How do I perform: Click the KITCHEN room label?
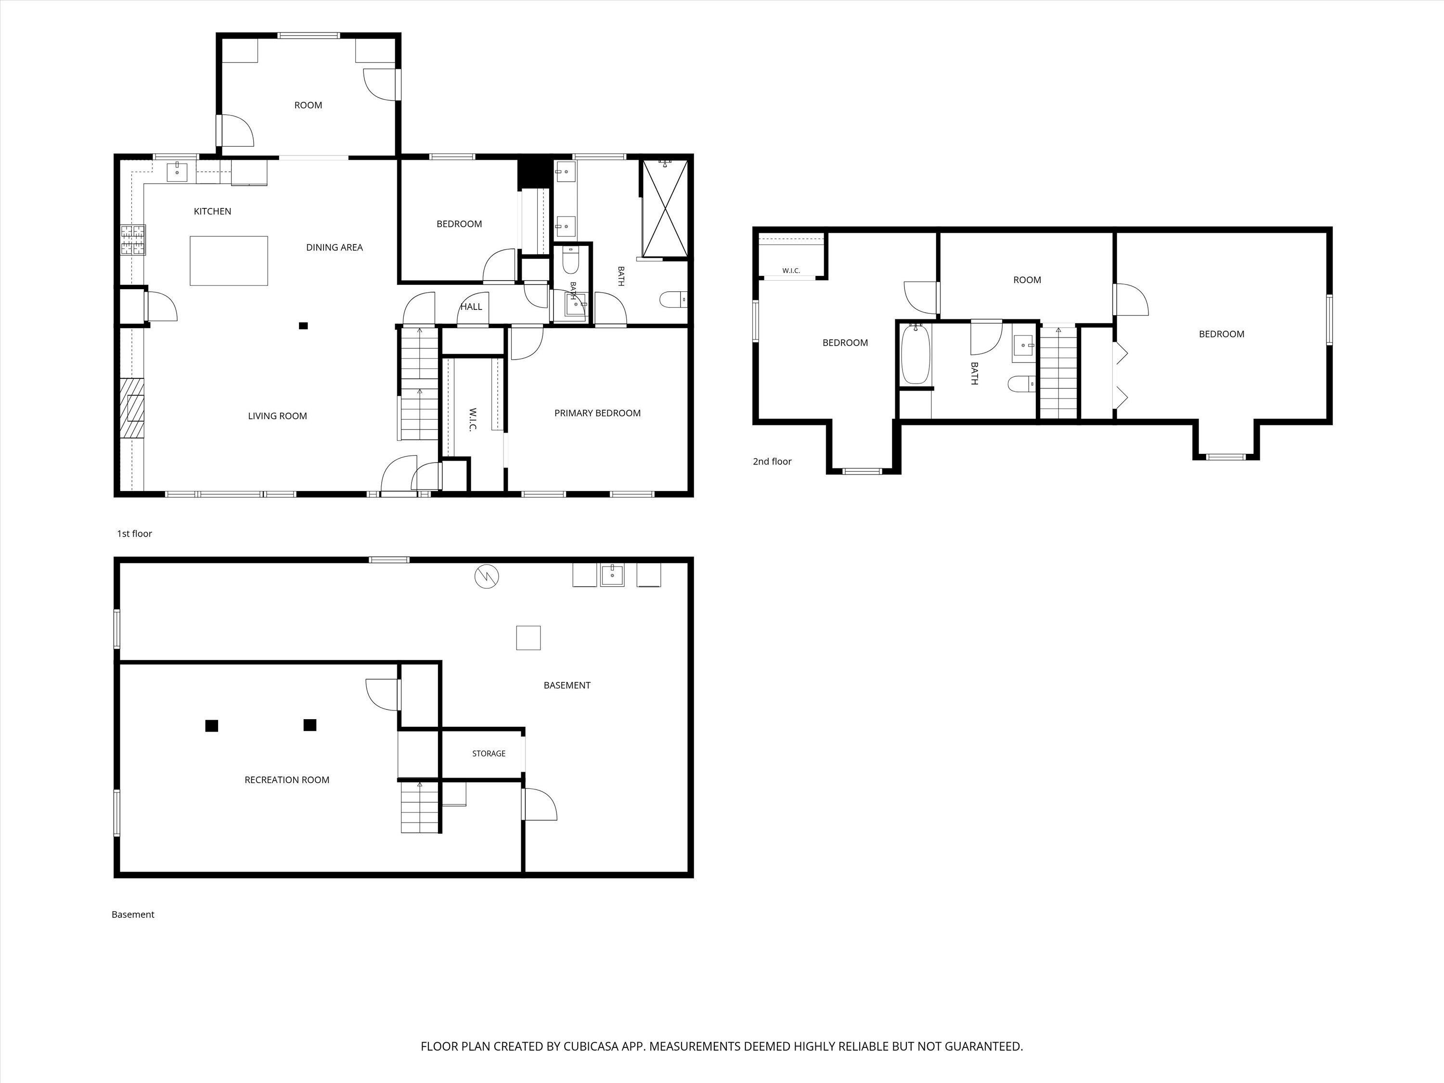212,211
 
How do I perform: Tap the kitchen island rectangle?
229,260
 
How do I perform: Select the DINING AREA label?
334,247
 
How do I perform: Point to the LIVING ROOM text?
277,416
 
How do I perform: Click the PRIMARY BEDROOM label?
597,413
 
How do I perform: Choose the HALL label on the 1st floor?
471,306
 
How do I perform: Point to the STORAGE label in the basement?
489,753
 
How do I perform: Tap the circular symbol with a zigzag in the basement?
487,577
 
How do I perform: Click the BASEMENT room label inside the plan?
567,685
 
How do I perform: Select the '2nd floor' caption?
772,462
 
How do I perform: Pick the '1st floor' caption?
134,533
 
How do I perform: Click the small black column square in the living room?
303,326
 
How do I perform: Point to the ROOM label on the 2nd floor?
1027,279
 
